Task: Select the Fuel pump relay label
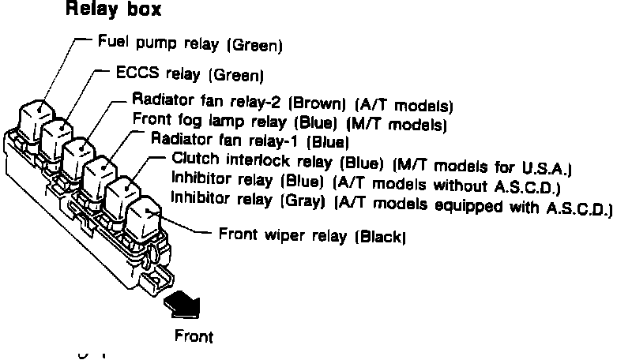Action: [x=190, y=43]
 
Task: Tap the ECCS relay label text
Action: [x=190, y=75]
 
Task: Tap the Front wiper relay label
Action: [x=313, y=234]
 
